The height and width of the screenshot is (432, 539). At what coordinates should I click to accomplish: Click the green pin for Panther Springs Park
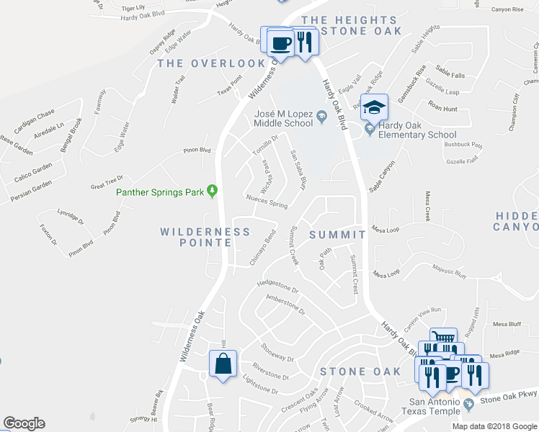[212, 191]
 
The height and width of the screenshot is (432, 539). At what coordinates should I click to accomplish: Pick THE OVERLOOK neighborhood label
[212, 63]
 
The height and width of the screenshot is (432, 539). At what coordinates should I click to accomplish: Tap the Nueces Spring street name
[267, 201]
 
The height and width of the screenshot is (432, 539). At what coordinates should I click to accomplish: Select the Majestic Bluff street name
[450, 271]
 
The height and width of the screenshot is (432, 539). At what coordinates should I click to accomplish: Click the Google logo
[24, 423]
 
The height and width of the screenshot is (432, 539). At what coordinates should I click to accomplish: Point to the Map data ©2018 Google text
[494, 426]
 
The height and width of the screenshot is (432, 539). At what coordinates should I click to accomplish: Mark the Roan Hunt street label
[442, 109]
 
